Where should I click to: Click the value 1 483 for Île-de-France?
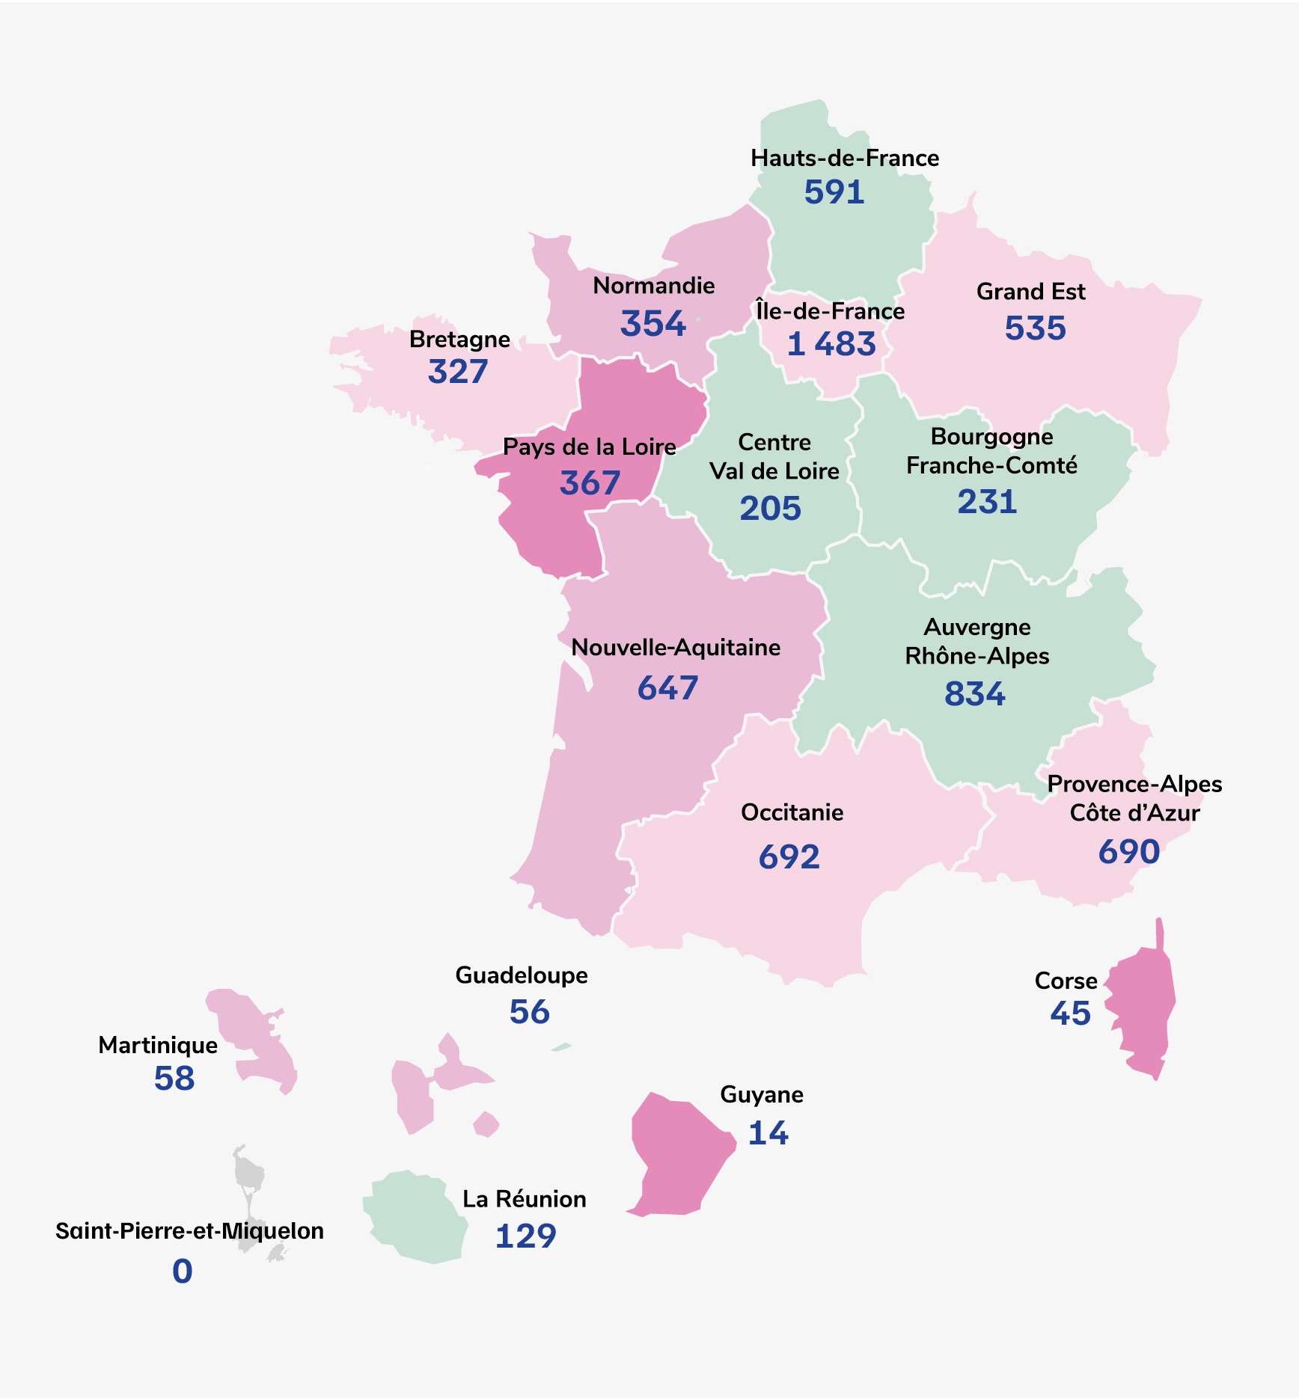831,344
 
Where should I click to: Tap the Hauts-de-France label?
845,159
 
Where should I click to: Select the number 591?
834,192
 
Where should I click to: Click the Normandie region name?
653,286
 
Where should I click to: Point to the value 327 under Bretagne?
457,372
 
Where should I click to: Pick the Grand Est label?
1030,292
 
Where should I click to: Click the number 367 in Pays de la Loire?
590,483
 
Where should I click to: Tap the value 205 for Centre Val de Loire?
770,509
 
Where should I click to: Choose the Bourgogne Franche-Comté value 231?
987,502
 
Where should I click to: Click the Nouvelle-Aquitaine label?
676,648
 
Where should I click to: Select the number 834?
974,694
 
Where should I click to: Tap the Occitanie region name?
792,813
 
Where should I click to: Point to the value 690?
1128,852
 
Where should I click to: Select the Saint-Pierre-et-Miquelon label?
189,1231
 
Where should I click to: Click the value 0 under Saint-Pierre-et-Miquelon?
183,1272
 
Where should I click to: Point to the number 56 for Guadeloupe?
529,1013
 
